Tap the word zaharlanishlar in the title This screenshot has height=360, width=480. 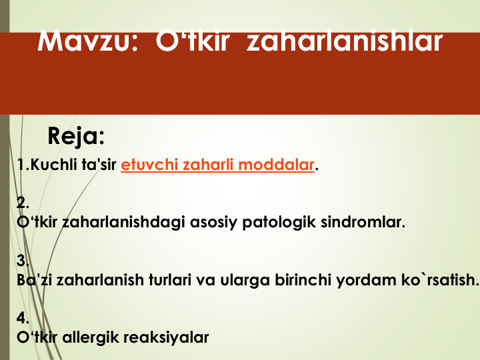[345, 41]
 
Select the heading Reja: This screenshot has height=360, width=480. [76, 136]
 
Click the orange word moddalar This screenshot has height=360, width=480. [276, 165]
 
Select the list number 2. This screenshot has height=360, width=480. [23, 203]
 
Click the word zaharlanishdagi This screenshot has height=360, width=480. [124, 222]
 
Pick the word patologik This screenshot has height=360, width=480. [279, 222]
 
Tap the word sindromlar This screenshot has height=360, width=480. [363, 222]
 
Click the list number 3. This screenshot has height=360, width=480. [23, 261]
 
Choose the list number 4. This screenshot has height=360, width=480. [23, 318]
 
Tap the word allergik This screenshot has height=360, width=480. [90, 337]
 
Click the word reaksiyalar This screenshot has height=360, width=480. [166, 337]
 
